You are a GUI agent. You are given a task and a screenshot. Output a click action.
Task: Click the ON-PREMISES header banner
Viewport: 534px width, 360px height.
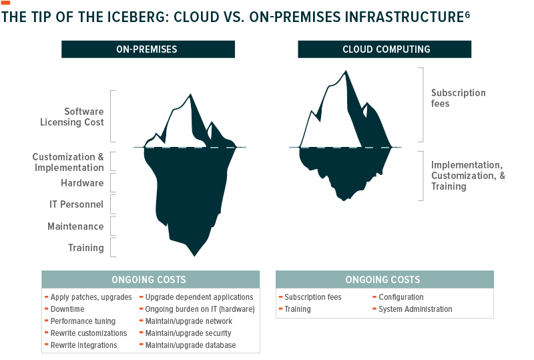(x=148, y=49)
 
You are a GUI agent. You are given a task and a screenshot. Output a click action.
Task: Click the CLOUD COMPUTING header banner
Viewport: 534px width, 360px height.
(x=384, y=49)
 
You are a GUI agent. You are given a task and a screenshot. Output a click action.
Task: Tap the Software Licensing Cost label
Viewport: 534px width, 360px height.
(x=72, y=117)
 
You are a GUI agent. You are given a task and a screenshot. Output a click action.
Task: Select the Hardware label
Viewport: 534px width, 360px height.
(x=82, y=183)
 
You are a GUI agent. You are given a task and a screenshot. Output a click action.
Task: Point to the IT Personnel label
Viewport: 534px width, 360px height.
(x=76, y=204)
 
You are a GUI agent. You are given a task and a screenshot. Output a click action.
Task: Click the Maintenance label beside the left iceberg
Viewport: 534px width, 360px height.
(x=75, y=226)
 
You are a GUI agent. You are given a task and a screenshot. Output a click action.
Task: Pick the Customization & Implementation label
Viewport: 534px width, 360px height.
(x=68, y=162)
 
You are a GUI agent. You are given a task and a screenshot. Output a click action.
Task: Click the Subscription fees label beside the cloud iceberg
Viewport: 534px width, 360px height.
(x=458, y=98)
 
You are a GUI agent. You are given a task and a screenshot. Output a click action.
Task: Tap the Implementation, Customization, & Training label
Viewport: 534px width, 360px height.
(x=468, y=176)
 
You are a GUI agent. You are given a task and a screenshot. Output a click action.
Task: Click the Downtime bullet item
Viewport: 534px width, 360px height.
(x=67, y=309)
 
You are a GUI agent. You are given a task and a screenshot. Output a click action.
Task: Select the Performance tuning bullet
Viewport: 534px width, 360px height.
(x=83, y=321)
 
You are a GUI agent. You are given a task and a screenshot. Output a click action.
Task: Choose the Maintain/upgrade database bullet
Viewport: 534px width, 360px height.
(x=190, y=345)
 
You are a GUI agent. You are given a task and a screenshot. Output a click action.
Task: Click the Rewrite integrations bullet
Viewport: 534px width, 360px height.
(x=83, y=345)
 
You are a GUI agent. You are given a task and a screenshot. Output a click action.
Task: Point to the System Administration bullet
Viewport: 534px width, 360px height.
(x=415, y=309)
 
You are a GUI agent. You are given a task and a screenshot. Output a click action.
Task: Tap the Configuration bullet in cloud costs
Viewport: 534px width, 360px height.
(x=401, y=297)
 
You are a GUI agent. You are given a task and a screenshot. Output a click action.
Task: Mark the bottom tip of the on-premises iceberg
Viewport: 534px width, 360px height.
(x=194, y=256)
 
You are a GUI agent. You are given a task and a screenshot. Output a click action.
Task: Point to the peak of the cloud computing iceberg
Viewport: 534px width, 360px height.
(x=346, y=71)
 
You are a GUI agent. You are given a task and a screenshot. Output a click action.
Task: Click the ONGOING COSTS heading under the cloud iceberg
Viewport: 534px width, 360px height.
(x=382, y=280)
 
